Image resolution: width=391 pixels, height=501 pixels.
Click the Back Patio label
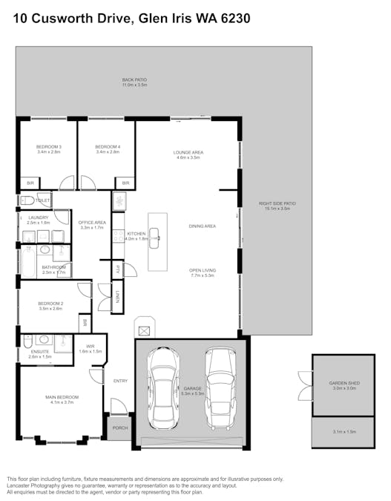pyautogui.click(x=135, y=82)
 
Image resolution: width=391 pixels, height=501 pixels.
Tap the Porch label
pyautogui.click(x=119, y=428)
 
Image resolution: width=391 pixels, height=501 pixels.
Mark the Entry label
pyautogui.click(x=120, y=381)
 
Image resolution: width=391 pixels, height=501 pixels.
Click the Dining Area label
pyautogui.click(x=202, y=226)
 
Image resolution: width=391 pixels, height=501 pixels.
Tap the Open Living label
pyautogui.click(x=202, y=272)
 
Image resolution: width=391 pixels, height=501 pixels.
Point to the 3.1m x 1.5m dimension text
pyautogui.click(x=344, y=432)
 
